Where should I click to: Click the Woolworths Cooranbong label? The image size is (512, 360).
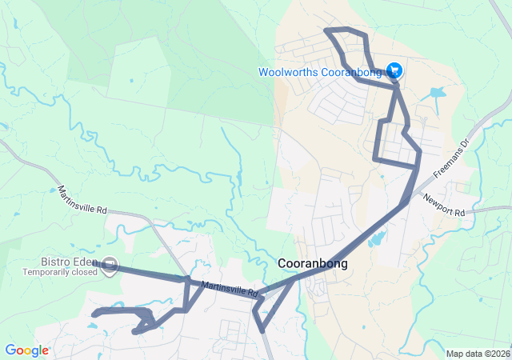(x=321, y=72)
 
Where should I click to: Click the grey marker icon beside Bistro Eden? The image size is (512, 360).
(x=110, y=264)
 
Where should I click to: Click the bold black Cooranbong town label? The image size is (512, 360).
(x=312, y=262)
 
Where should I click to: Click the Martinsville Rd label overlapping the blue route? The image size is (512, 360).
(x=229, y=287)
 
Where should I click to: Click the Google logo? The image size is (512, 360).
(x=26, y=350)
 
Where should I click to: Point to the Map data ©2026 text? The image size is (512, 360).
(x=477, y=354)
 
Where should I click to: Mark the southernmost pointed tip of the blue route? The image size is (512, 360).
(x=263, y=331)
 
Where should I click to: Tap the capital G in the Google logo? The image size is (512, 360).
(x=10, y=350)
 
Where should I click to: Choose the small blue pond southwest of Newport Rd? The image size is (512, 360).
(x=376, y=238)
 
